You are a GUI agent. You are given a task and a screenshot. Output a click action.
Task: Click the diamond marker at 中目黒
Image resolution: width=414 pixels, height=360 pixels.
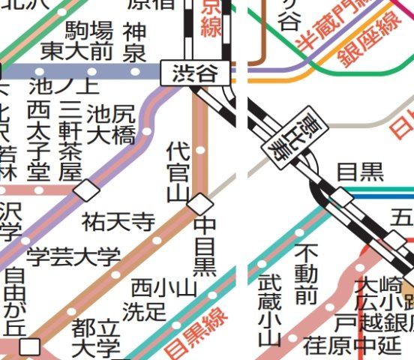point(199,202)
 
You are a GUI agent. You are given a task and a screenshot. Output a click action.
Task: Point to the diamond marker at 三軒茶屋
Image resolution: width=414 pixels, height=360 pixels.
point(86,190)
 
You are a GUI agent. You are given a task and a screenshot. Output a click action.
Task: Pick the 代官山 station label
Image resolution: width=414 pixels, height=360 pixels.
point(178,170)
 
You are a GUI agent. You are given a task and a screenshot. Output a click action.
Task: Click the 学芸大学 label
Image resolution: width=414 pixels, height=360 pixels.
point(73,256)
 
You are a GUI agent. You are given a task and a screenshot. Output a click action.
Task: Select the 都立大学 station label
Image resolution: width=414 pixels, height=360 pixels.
point(95,338)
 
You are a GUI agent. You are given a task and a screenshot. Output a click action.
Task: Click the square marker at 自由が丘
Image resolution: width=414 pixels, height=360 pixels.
point(30,346)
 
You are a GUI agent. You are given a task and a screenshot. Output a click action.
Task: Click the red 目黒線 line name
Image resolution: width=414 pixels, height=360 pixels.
point(196,332)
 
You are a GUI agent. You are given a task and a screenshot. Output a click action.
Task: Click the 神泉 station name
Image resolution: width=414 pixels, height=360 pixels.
point(135,42)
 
